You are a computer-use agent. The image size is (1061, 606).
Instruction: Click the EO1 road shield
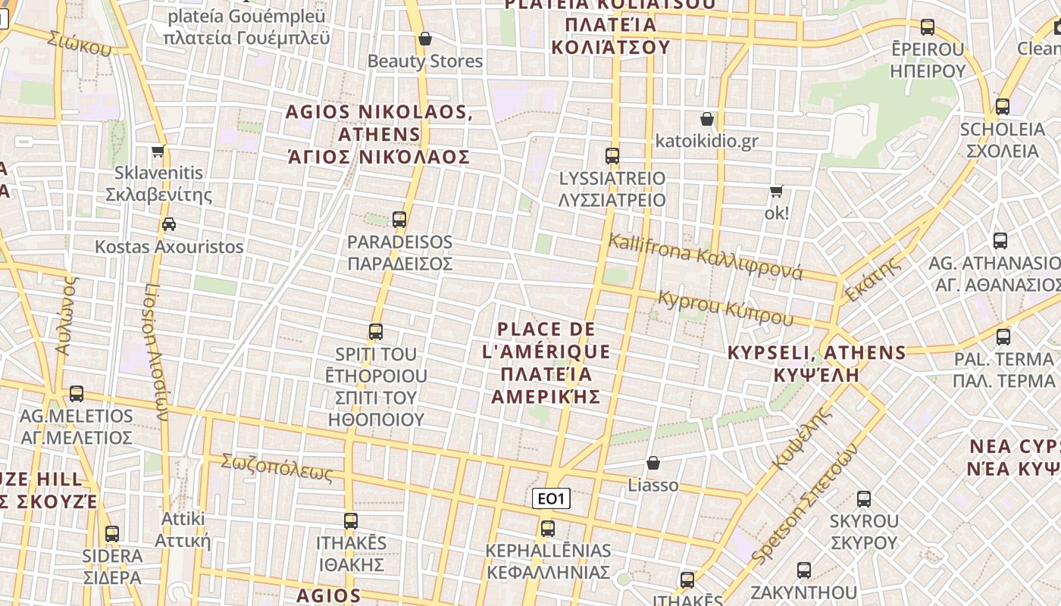pyautogui.click(x=551, y=498)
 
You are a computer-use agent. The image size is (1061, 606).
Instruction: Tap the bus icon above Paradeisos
pyautogui.click(x=399, y=220)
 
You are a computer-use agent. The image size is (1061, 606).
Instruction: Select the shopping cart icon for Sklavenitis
pyautogui.click(x=158, y=151)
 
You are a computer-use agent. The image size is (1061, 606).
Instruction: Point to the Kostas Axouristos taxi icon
pyautogui.click(x=169, y=224)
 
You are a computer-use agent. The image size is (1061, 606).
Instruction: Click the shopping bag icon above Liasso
pyautogui.click(x=653, y=462)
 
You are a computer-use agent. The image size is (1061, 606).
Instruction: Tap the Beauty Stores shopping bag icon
pyautogui.click(x=425, y=38)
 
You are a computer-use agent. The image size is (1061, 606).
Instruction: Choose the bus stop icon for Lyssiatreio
pyautogui.click(x=612, y=156)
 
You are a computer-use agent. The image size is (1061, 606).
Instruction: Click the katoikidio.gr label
pyautogui.click(x=706, y=141)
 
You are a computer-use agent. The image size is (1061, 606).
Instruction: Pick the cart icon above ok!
pyautogui.click(x=776, y=191)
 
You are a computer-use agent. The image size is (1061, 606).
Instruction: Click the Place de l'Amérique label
pyautogui.click(x=546, y=363)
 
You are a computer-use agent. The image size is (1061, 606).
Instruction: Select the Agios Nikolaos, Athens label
pyautogui.click(x=379, y=135)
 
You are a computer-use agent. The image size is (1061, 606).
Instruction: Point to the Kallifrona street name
pyautogui.click(x=705, y=257)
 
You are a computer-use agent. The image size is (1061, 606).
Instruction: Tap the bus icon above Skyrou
pyautogui.click(x=864, y=498)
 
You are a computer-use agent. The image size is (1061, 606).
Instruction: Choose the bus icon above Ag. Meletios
pyautogui.click(x=77, y=394)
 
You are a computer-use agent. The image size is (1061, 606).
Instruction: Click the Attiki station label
pyautogui.click(x=182, y=529)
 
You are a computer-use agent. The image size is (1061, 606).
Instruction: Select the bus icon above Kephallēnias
pyautogui.click(x=548, y=528)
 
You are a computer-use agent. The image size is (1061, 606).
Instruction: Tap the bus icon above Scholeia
pyautogui.click(x=1003, y=106)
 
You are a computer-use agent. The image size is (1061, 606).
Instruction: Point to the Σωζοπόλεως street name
pyautogui.click(x=277, y=467)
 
